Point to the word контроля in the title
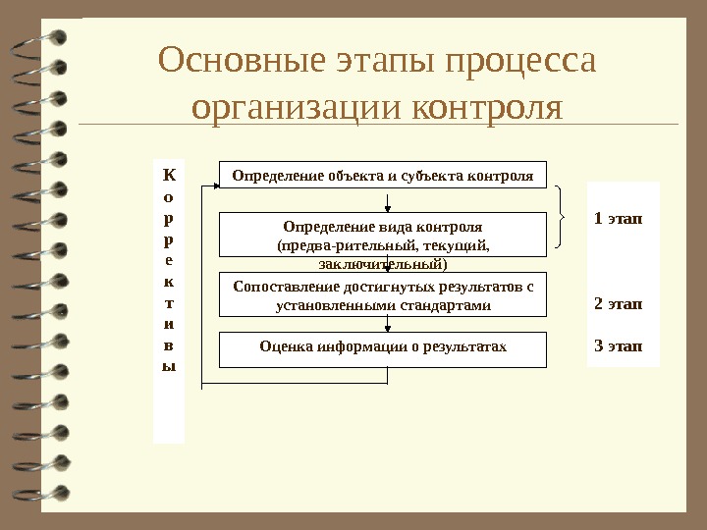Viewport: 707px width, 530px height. pos(487,106)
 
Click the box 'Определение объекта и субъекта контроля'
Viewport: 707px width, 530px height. pos(382,177)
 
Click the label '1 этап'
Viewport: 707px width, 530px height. pos(619,218)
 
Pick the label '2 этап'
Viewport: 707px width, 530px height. pos(619,303)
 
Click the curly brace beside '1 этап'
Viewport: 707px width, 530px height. pos(562,217)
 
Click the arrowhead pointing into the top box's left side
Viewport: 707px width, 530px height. pos(213,186)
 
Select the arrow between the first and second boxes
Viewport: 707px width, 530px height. pos(390,201)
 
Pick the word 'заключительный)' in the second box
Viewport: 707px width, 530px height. pos(383,263)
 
